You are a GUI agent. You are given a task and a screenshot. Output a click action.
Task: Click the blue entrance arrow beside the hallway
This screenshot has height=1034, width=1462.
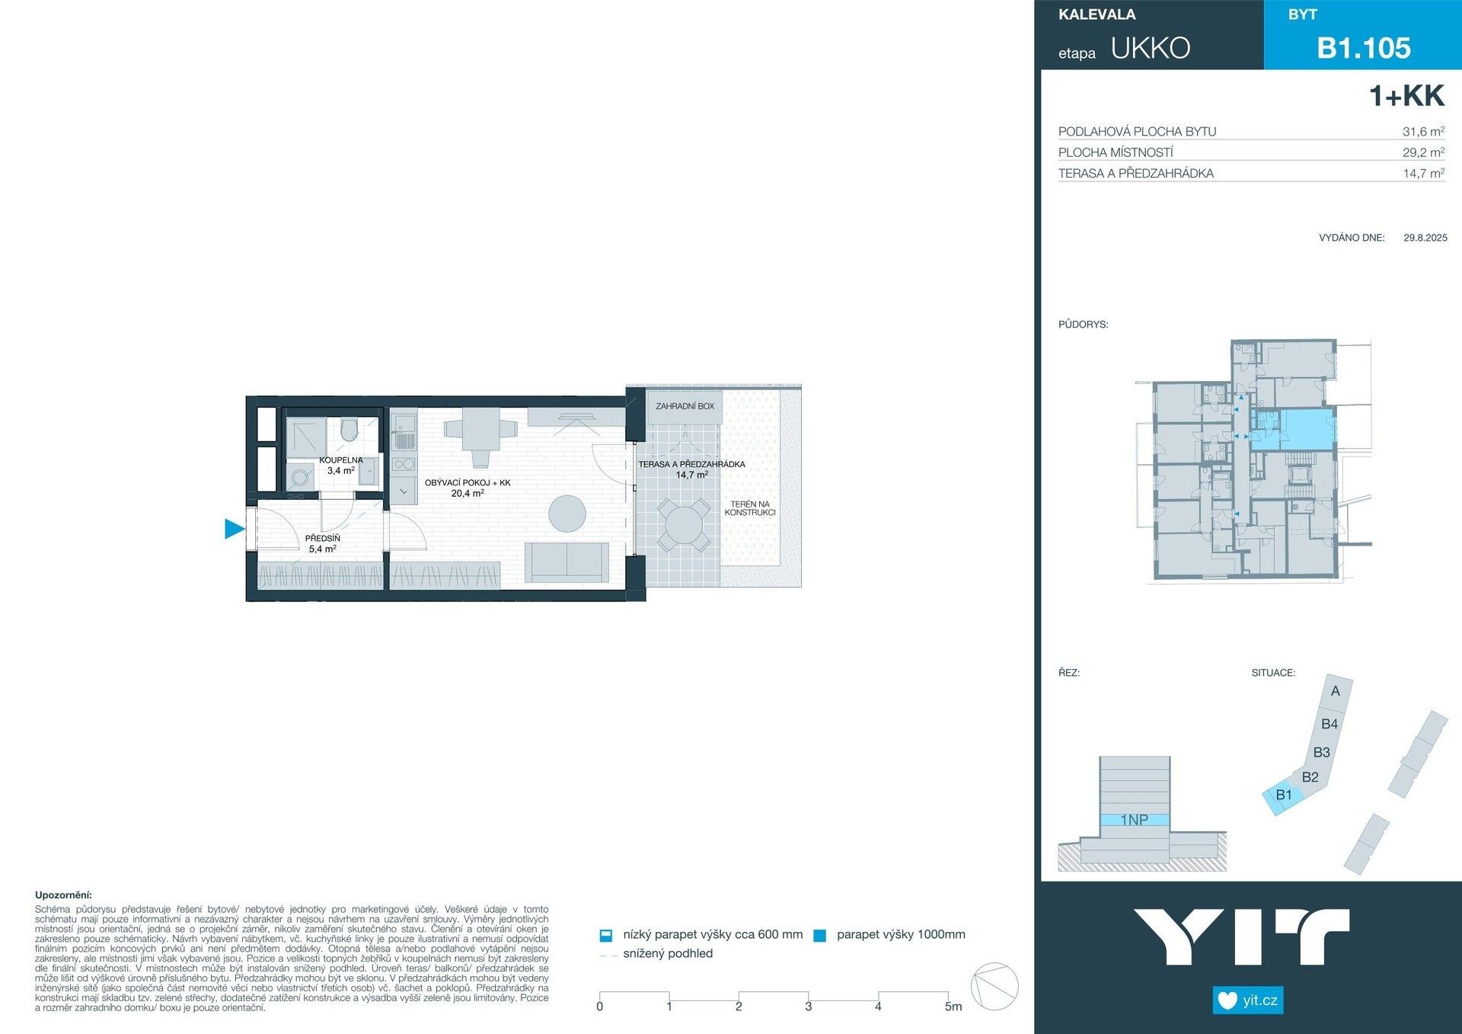[x=234, y=528]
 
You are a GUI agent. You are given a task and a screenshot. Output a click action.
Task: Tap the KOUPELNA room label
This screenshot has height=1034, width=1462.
[x=340, y=465]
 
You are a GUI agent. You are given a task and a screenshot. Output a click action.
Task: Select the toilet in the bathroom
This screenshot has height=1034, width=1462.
[x=350, y=431]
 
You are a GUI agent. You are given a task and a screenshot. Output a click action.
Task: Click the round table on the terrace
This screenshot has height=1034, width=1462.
[x=684, y=525]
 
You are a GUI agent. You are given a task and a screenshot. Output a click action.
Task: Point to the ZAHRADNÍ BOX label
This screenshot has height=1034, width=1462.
[x=685, y=406]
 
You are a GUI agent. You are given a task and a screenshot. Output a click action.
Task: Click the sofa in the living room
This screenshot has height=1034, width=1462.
[x=567, y=562]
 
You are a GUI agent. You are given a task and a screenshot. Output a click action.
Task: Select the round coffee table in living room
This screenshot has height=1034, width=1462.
[x=567, y=513]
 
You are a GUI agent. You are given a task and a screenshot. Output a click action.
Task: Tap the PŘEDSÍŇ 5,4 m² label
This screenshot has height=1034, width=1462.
[x=322, y=543]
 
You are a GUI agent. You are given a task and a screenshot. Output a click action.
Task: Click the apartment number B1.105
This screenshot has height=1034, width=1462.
[x=1363, y=48]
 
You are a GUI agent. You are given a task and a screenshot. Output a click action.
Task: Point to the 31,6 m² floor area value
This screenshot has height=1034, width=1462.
[x=1422, y=131]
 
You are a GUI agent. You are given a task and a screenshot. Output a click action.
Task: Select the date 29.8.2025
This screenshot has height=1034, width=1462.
[x=1425, y=238]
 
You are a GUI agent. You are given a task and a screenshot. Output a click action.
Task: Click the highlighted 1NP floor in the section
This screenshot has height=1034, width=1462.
[x=1134, y=820]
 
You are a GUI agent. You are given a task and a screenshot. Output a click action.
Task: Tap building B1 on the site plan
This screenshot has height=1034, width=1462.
[x=1283, y=796]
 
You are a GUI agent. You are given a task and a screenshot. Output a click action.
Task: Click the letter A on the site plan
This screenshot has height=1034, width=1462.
[x=1335, y=691]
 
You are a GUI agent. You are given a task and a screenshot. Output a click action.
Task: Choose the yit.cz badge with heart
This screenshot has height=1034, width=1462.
[x=1247, y=1000]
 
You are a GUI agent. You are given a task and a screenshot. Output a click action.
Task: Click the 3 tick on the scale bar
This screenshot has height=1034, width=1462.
[x=808, y=1005]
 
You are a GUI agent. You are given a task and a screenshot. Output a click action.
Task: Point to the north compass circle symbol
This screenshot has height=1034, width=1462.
[x=994, y=986]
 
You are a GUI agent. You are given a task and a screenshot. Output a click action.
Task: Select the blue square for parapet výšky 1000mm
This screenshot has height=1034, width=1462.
[x=819, y=936]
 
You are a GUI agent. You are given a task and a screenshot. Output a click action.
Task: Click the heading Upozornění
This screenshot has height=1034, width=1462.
[x=63, y=895]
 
